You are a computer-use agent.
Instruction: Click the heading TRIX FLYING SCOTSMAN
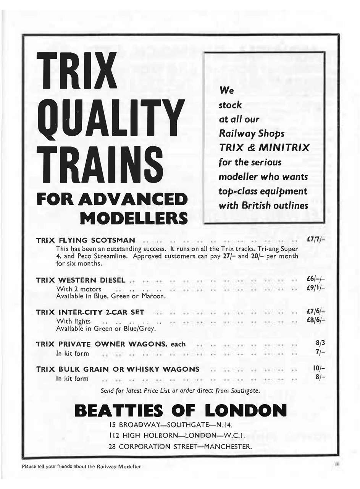click(85, 240)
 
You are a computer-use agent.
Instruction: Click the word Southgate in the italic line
click(246, 391)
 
